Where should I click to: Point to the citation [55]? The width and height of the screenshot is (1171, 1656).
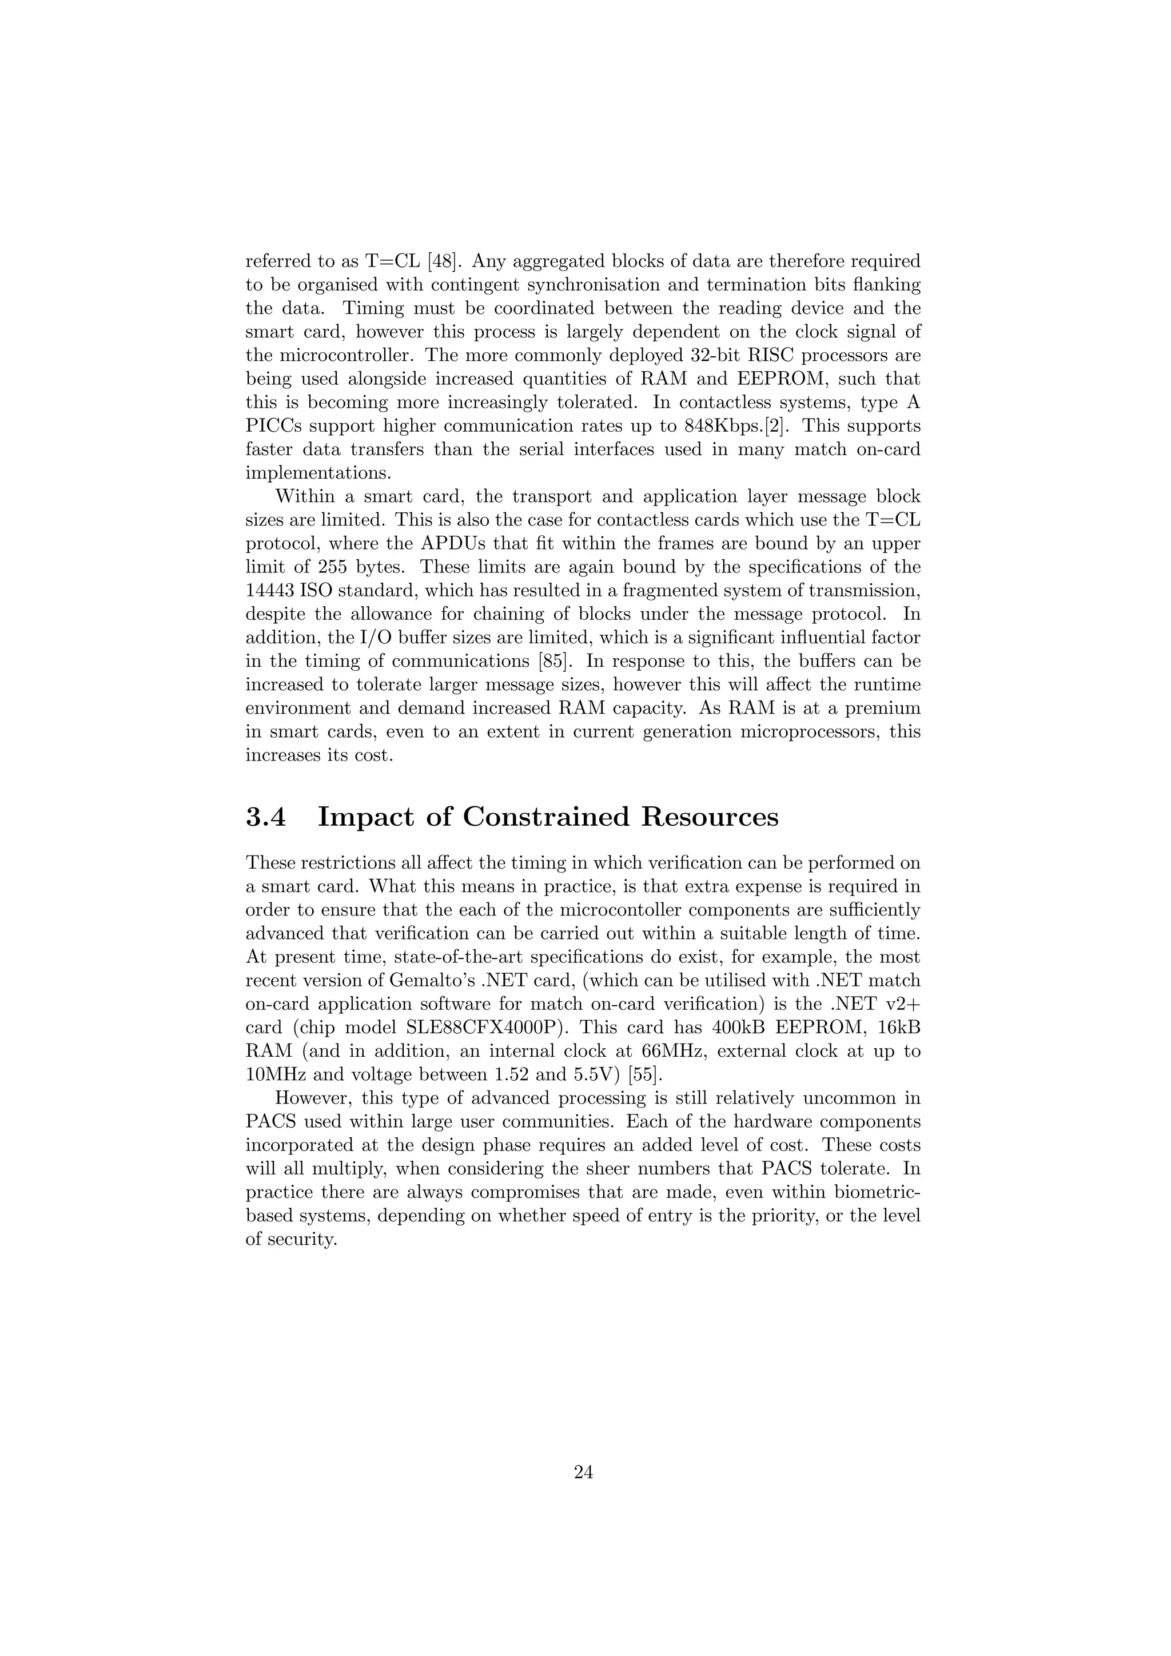click(644, 1074)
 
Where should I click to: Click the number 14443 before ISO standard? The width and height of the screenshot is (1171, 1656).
click(269, 591)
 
